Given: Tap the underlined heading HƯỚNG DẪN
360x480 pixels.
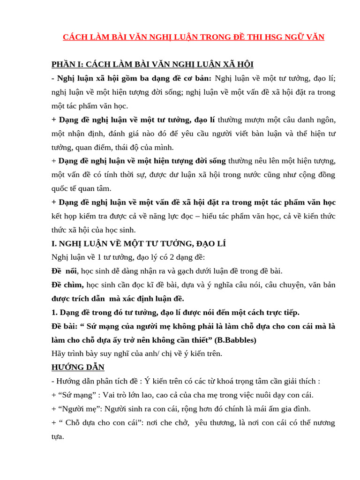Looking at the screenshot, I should (78, 367).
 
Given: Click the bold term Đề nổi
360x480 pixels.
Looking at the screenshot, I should (64, 271).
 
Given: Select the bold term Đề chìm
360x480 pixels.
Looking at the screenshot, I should (67, 285).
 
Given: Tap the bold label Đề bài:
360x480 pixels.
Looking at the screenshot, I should (65, 326).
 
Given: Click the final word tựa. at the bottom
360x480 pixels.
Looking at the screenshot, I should (58, 436).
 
